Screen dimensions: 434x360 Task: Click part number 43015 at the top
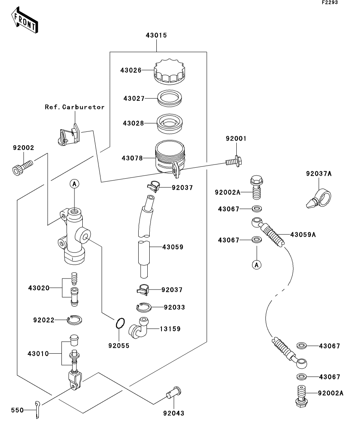(x=156, y=35)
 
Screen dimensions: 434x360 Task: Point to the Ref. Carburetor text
(x=74, y=107)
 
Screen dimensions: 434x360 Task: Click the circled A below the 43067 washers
(x=256, y=265)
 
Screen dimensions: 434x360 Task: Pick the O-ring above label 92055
(x=121, y=323)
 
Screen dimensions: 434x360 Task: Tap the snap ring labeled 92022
(x=74, y=320)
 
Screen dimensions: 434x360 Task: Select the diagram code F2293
(x=330, y=2)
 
